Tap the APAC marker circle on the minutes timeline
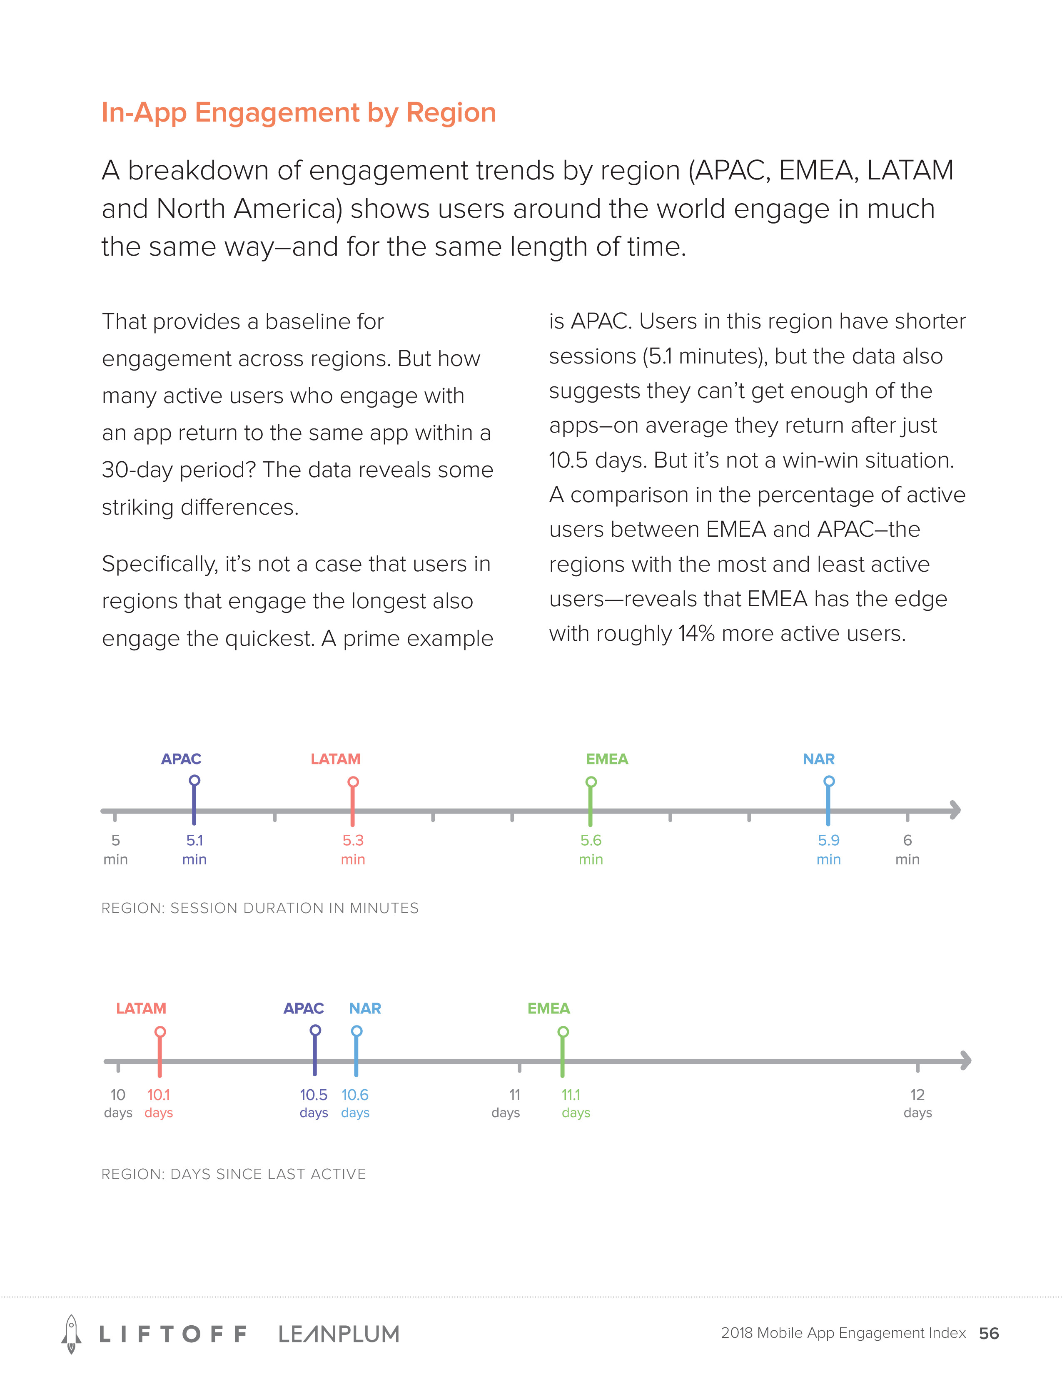194,781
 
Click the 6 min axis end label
907,849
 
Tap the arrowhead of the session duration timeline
955,810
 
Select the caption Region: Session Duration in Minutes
260,908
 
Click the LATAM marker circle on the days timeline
160,1032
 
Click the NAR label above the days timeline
365,1008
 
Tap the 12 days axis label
917,1103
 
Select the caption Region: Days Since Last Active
233,1174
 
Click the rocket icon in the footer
71,1334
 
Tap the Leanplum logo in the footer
339,1334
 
